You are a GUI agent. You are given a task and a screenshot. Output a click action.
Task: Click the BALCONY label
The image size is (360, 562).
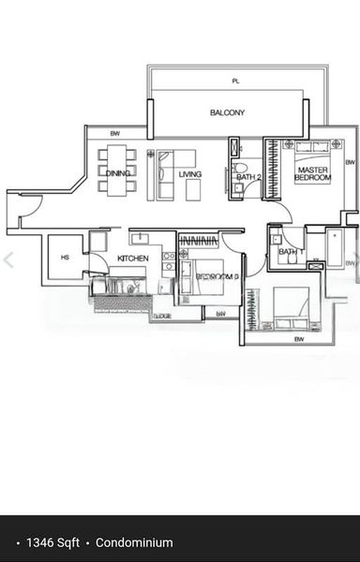click(x=227, y=112)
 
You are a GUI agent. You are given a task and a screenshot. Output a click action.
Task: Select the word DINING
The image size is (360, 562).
click(x=117, y=173)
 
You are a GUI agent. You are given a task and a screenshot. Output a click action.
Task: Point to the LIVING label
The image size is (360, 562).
click(x=190, y=173)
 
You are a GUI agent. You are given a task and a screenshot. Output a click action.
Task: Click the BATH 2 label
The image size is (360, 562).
click(x=248, y=176)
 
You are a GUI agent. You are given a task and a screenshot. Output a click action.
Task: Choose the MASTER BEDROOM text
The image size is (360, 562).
click(x=312, y=172)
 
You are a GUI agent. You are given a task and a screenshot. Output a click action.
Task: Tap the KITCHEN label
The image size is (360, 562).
click(x=132, y=258)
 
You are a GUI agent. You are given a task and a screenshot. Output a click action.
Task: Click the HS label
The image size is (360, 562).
click(x=66, y=258)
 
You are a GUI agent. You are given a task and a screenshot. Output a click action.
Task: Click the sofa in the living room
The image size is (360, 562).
click(x=166, y=176)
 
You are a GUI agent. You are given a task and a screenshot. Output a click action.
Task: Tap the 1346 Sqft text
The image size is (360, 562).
click(x=56, y=542)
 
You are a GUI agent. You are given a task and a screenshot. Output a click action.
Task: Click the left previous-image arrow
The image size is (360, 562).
click(x=8, y=260)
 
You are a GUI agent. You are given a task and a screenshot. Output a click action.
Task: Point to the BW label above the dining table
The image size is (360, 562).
click(x=116, y=132)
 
